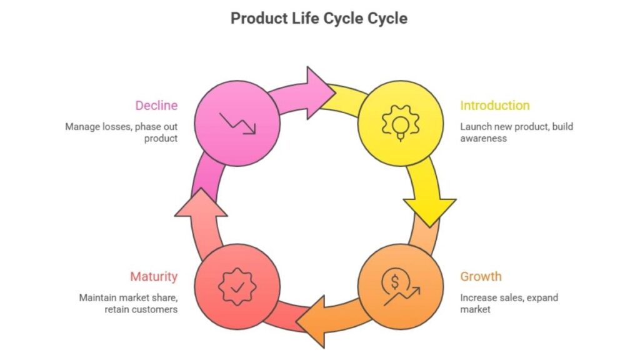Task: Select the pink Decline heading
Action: pos(156,106)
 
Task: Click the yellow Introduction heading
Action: pos(494,106)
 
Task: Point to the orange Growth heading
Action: pos(481,276)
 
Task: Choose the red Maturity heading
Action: pos(154,276)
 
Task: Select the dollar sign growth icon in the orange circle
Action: pos(401,286)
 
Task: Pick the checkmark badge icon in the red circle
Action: pos(238,286)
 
